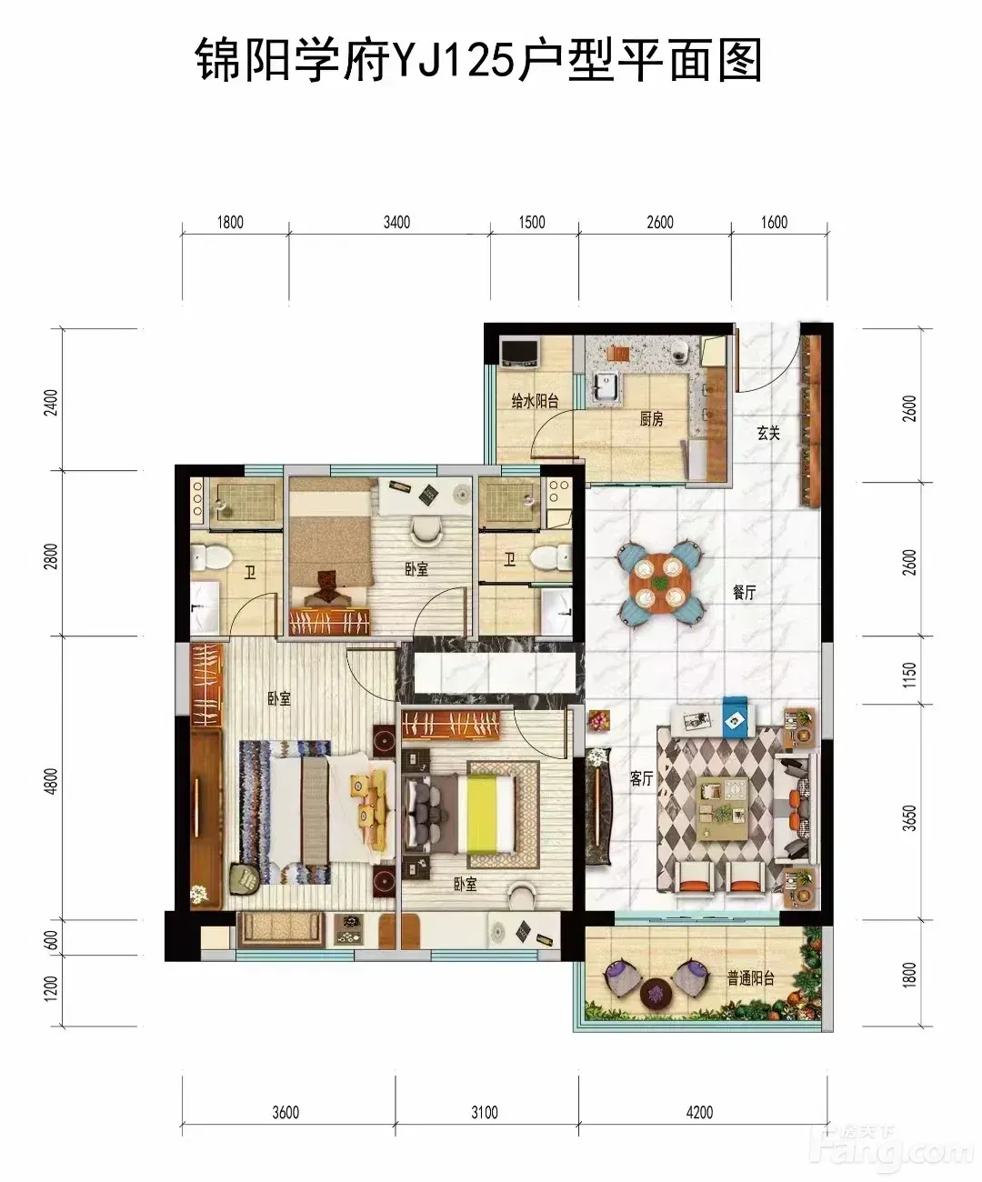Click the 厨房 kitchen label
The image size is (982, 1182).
(651, 419)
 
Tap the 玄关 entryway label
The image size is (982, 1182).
(768, 433)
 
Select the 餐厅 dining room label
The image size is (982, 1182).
(745, 592)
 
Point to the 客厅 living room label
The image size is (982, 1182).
(641, 779)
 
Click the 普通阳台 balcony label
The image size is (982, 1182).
(750, 978)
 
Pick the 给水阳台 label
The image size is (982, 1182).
(535, 401)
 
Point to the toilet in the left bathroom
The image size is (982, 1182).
(211, 557)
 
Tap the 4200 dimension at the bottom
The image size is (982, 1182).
(699, 1112)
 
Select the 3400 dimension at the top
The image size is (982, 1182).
(396, 222)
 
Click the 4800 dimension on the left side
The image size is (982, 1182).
(50, 781)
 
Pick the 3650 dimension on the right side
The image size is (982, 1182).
(908, 817)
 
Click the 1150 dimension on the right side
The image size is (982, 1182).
(908, 675)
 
